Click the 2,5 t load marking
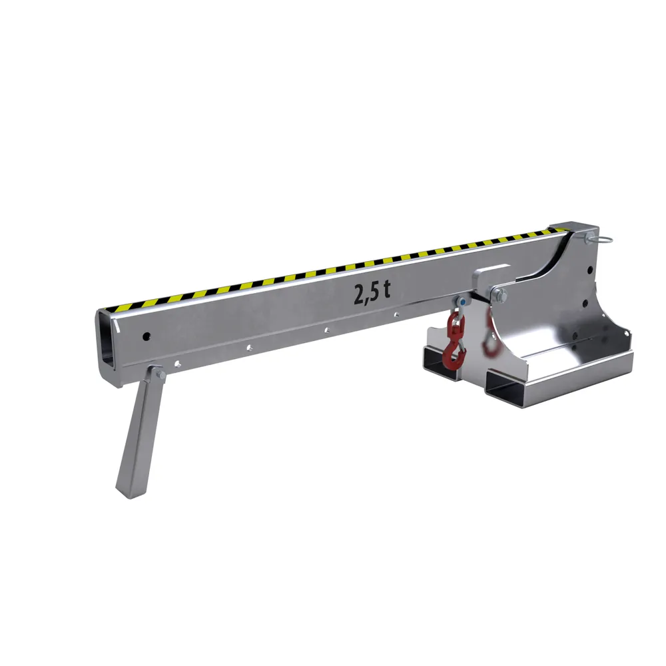point(372,293)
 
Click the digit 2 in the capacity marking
point(360,295)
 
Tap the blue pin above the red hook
point(463,302)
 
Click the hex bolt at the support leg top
point(161,375)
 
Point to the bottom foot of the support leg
point(130,491)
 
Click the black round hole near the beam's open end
point(146,337)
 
